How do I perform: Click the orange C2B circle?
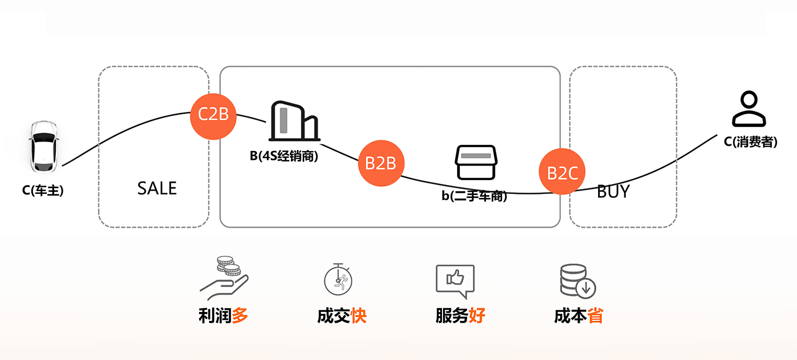click(213, 114)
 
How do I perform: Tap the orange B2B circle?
click(381, 163)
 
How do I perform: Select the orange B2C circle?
click(562, 173)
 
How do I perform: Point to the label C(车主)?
click(43, 191)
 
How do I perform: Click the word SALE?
click(157, 188)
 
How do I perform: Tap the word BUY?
click(613, 191)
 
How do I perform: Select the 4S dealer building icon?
click(293, 121)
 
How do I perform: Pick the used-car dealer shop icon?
click(475, 162)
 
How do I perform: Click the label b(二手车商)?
click(475, 196)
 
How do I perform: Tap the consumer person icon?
click(750, 109)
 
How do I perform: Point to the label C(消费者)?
click(750, 142)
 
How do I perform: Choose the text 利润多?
click(223, 316)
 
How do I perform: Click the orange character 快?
click(358, 316)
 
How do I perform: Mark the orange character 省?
click(595, 316)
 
